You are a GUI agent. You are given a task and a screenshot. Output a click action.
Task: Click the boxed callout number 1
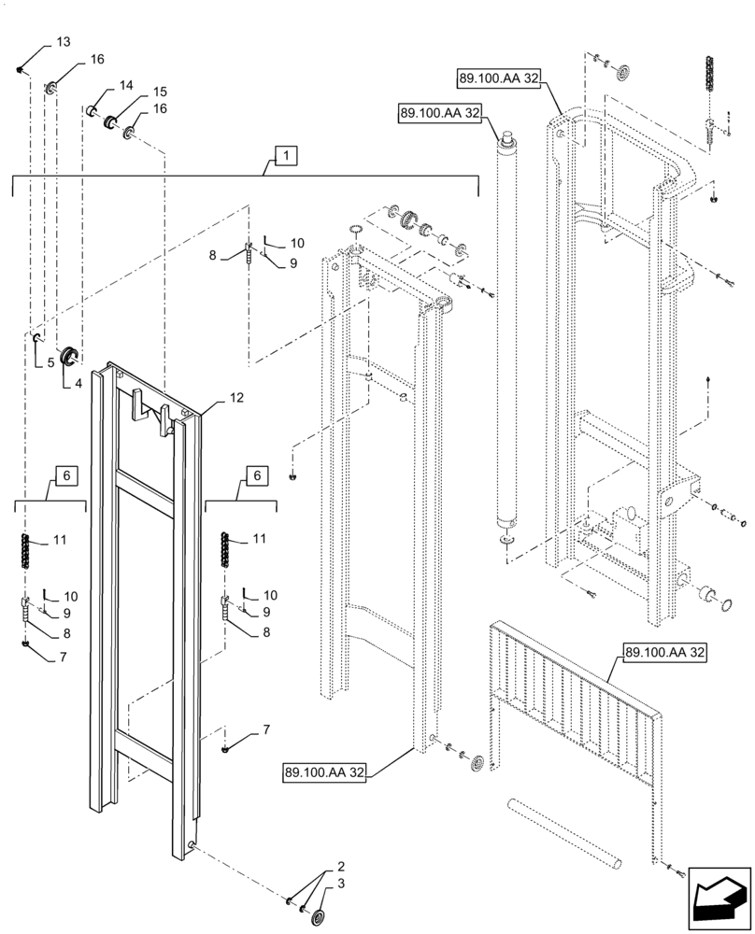coord(286,154)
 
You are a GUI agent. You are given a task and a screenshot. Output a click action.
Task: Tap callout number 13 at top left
coord(63,43)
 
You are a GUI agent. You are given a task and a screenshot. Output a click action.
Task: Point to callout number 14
coord(126,86)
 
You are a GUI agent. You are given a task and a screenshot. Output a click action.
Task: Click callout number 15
coord(159,92)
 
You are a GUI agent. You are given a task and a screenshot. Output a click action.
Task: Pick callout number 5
coord(50,361)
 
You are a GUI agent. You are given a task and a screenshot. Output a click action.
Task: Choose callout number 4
coord(78,382)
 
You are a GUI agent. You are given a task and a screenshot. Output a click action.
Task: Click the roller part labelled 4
coord(69,356)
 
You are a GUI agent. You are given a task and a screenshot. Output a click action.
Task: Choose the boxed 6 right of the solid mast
coord(254,476)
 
